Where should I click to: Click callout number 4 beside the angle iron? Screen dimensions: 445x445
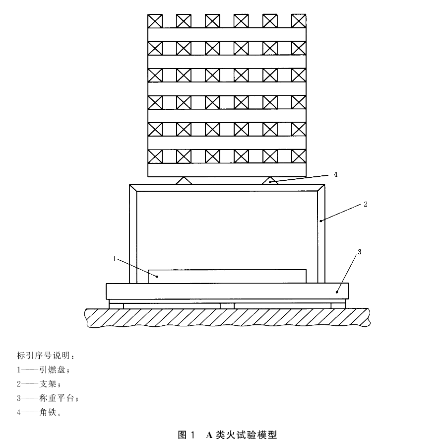click(x=335, y=174)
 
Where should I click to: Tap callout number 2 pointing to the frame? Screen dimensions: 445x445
click(x=366, y=204)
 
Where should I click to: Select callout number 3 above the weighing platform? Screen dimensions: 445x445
click(x=360, y=252)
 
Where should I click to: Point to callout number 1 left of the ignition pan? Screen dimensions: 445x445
click(x=114, y=259)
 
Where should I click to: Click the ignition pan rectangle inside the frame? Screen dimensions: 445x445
click(x=227, y=276)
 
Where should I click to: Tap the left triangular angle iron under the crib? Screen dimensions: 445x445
click(x=184, y=181)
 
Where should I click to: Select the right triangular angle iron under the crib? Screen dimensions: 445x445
click(x=270, y=181)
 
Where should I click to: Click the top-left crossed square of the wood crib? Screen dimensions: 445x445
click(x=155, y=21)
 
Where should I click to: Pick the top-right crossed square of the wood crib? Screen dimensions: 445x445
click(x=299, y=21)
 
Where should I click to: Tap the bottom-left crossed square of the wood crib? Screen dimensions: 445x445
click(x=155, y=156)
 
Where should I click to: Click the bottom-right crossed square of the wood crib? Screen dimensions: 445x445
click(x=299, y=156)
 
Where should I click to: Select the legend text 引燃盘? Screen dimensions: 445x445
click(x=52, y=370)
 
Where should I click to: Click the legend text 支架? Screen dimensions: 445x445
click(x=48, y=383)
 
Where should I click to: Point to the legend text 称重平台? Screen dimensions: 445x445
click(x=57, y=398)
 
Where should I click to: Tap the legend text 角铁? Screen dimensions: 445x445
click(x=48, y=412)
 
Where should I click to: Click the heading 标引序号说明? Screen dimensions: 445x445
click(x=44, y=355)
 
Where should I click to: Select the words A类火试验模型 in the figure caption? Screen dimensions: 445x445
click(x=241, y=435)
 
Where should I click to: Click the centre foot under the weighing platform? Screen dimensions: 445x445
click(x=227, y=306)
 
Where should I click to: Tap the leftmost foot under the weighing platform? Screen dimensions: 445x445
click(x=117, y=306)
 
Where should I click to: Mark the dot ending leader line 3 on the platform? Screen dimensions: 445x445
click(x=337, y=292)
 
